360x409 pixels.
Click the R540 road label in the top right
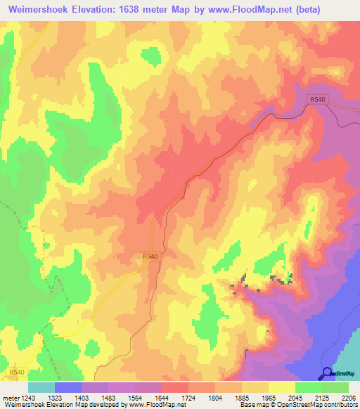point(317,100)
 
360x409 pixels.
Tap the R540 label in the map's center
point(149,258)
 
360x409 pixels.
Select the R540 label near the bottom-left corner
point(18,371)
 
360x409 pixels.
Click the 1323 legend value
point(70,398)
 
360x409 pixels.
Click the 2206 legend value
point(347,398)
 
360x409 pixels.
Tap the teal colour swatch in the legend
point(41,387)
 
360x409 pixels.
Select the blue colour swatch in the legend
point(67,387)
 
